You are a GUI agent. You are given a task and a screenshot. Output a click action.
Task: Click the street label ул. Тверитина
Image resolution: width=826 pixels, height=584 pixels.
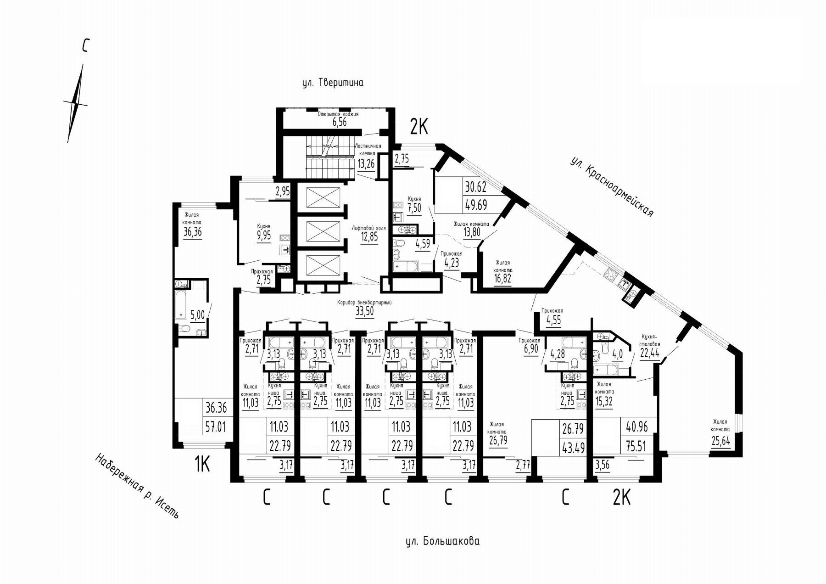(x=333, y=83)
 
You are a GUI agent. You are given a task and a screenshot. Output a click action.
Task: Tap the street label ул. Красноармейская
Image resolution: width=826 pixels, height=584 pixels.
(x=612, y=187)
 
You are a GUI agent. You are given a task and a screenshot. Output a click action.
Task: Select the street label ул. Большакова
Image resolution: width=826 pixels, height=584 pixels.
(x=443, y=541)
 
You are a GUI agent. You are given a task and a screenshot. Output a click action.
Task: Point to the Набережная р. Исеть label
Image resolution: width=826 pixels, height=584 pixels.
(x=136, y=486)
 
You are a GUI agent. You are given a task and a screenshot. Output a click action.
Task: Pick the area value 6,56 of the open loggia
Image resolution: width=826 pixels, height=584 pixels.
(x=339, y=122)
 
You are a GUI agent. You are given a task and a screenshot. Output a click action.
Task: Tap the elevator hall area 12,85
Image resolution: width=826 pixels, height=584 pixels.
(x=369, y=237)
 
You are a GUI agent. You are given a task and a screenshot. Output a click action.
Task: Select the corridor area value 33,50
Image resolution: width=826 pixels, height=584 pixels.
(x=364, y=311)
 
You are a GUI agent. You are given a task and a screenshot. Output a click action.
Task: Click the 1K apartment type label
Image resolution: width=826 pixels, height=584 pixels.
(x=202, y=465)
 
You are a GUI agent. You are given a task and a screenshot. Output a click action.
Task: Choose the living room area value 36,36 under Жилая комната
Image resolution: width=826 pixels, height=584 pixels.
(x=193, y=232)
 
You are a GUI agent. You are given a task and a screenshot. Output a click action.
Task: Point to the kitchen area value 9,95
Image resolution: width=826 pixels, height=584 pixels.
(x=264, y=236)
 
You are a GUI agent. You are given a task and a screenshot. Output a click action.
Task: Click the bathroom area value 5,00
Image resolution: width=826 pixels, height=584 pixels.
(x=197, y=314)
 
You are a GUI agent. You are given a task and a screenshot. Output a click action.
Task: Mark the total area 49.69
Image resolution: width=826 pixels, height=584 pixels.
(x=476, y=204)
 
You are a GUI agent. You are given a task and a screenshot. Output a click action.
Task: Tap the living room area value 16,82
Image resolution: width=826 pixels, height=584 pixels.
(x=503, y=278)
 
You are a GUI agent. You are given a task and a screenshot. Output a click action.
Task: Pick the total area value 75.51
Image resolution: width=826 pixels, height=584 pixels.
(x=637, y=447)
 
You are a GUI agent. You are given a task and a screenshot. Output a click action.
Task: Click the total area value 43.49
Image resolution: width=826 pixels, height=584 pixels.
(x=573, y=447)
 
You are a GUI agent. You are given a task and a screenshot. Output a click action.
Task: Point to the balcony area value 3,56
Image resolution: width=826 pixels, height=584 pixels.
(x=602, y=466)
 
